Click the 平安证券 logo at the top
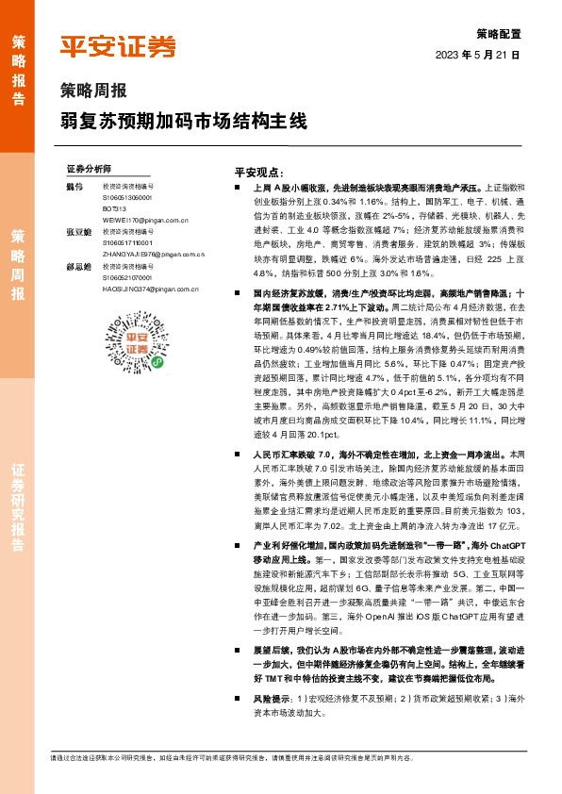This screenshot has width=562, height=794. pyautogui.click(x=119, y=46)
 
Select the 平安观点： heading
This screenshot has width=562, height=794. pyautogui.click(x=258, y=174)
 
